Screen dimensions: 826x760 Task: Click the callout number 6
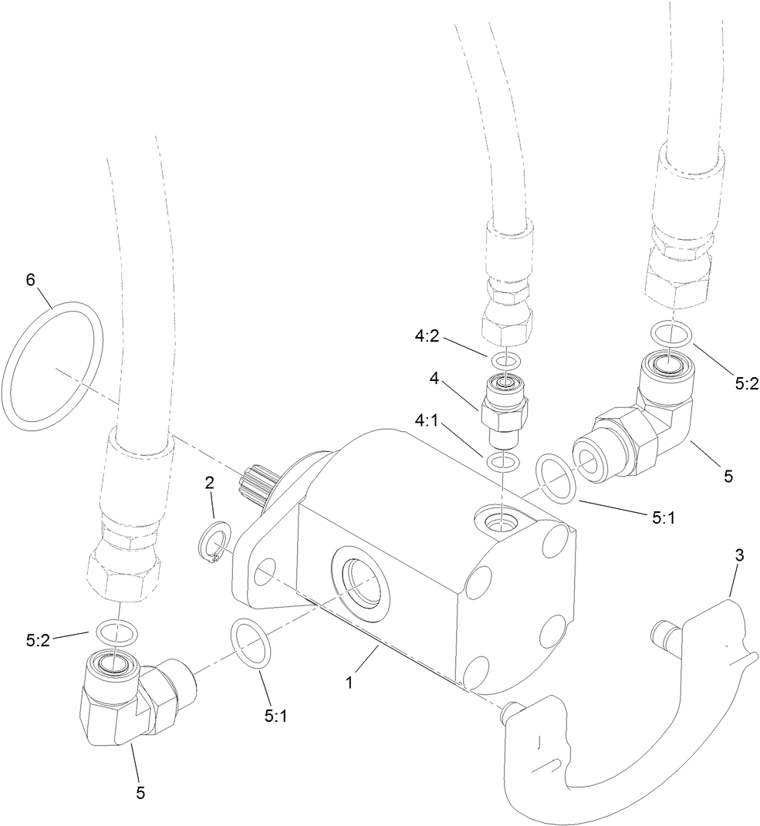point(30,280)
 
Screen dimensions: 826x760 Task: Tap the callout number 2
point(208,484)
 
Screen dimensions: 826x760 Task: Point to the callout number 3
point(739,555)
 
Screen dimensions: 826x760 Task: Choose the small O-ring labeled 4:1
point(502,463)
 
